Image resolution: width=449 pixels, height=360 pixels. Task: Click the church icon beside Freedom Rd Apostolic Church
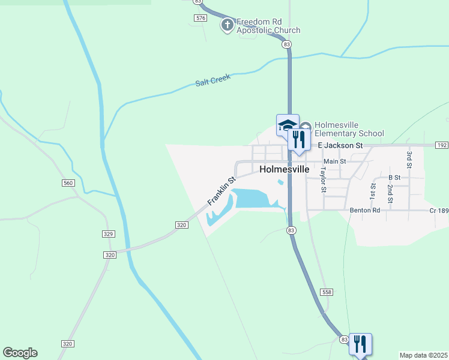228,25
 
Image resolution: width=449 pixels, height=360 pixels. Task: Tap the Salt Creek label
212,80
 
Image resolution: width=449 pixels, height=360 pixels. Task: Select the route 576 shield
200,18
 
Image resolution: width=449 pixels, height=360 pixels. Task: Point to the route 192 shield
442,145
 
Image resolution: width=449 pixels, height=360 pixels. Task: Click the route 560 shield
68,182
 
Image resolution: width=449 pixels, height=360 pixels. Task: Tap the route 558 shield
327,292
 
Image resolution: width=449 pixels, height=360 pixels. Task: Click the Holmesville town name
285,170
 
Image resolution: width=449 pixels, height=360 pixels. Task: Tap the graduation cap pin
287,125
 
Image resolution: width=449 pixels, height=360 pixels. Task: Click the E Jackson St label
340,145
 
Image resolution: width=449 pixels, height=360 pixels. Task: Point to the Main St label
335,161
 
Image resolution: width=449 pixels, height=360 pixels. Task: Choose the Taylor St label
323,179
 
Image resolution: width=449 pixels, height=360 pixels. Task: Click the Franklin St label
221,191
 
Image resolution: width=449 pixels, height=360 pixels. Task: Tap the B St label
394,178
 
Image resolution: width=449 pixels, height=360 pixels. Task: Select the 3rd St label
409,159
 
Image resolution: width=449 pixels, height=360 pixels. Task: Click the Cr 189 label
439,211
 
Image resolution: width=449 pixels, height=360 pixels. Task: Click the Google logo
20,353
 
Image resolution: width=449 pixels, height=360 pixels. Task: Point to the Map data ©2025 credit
423,355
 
